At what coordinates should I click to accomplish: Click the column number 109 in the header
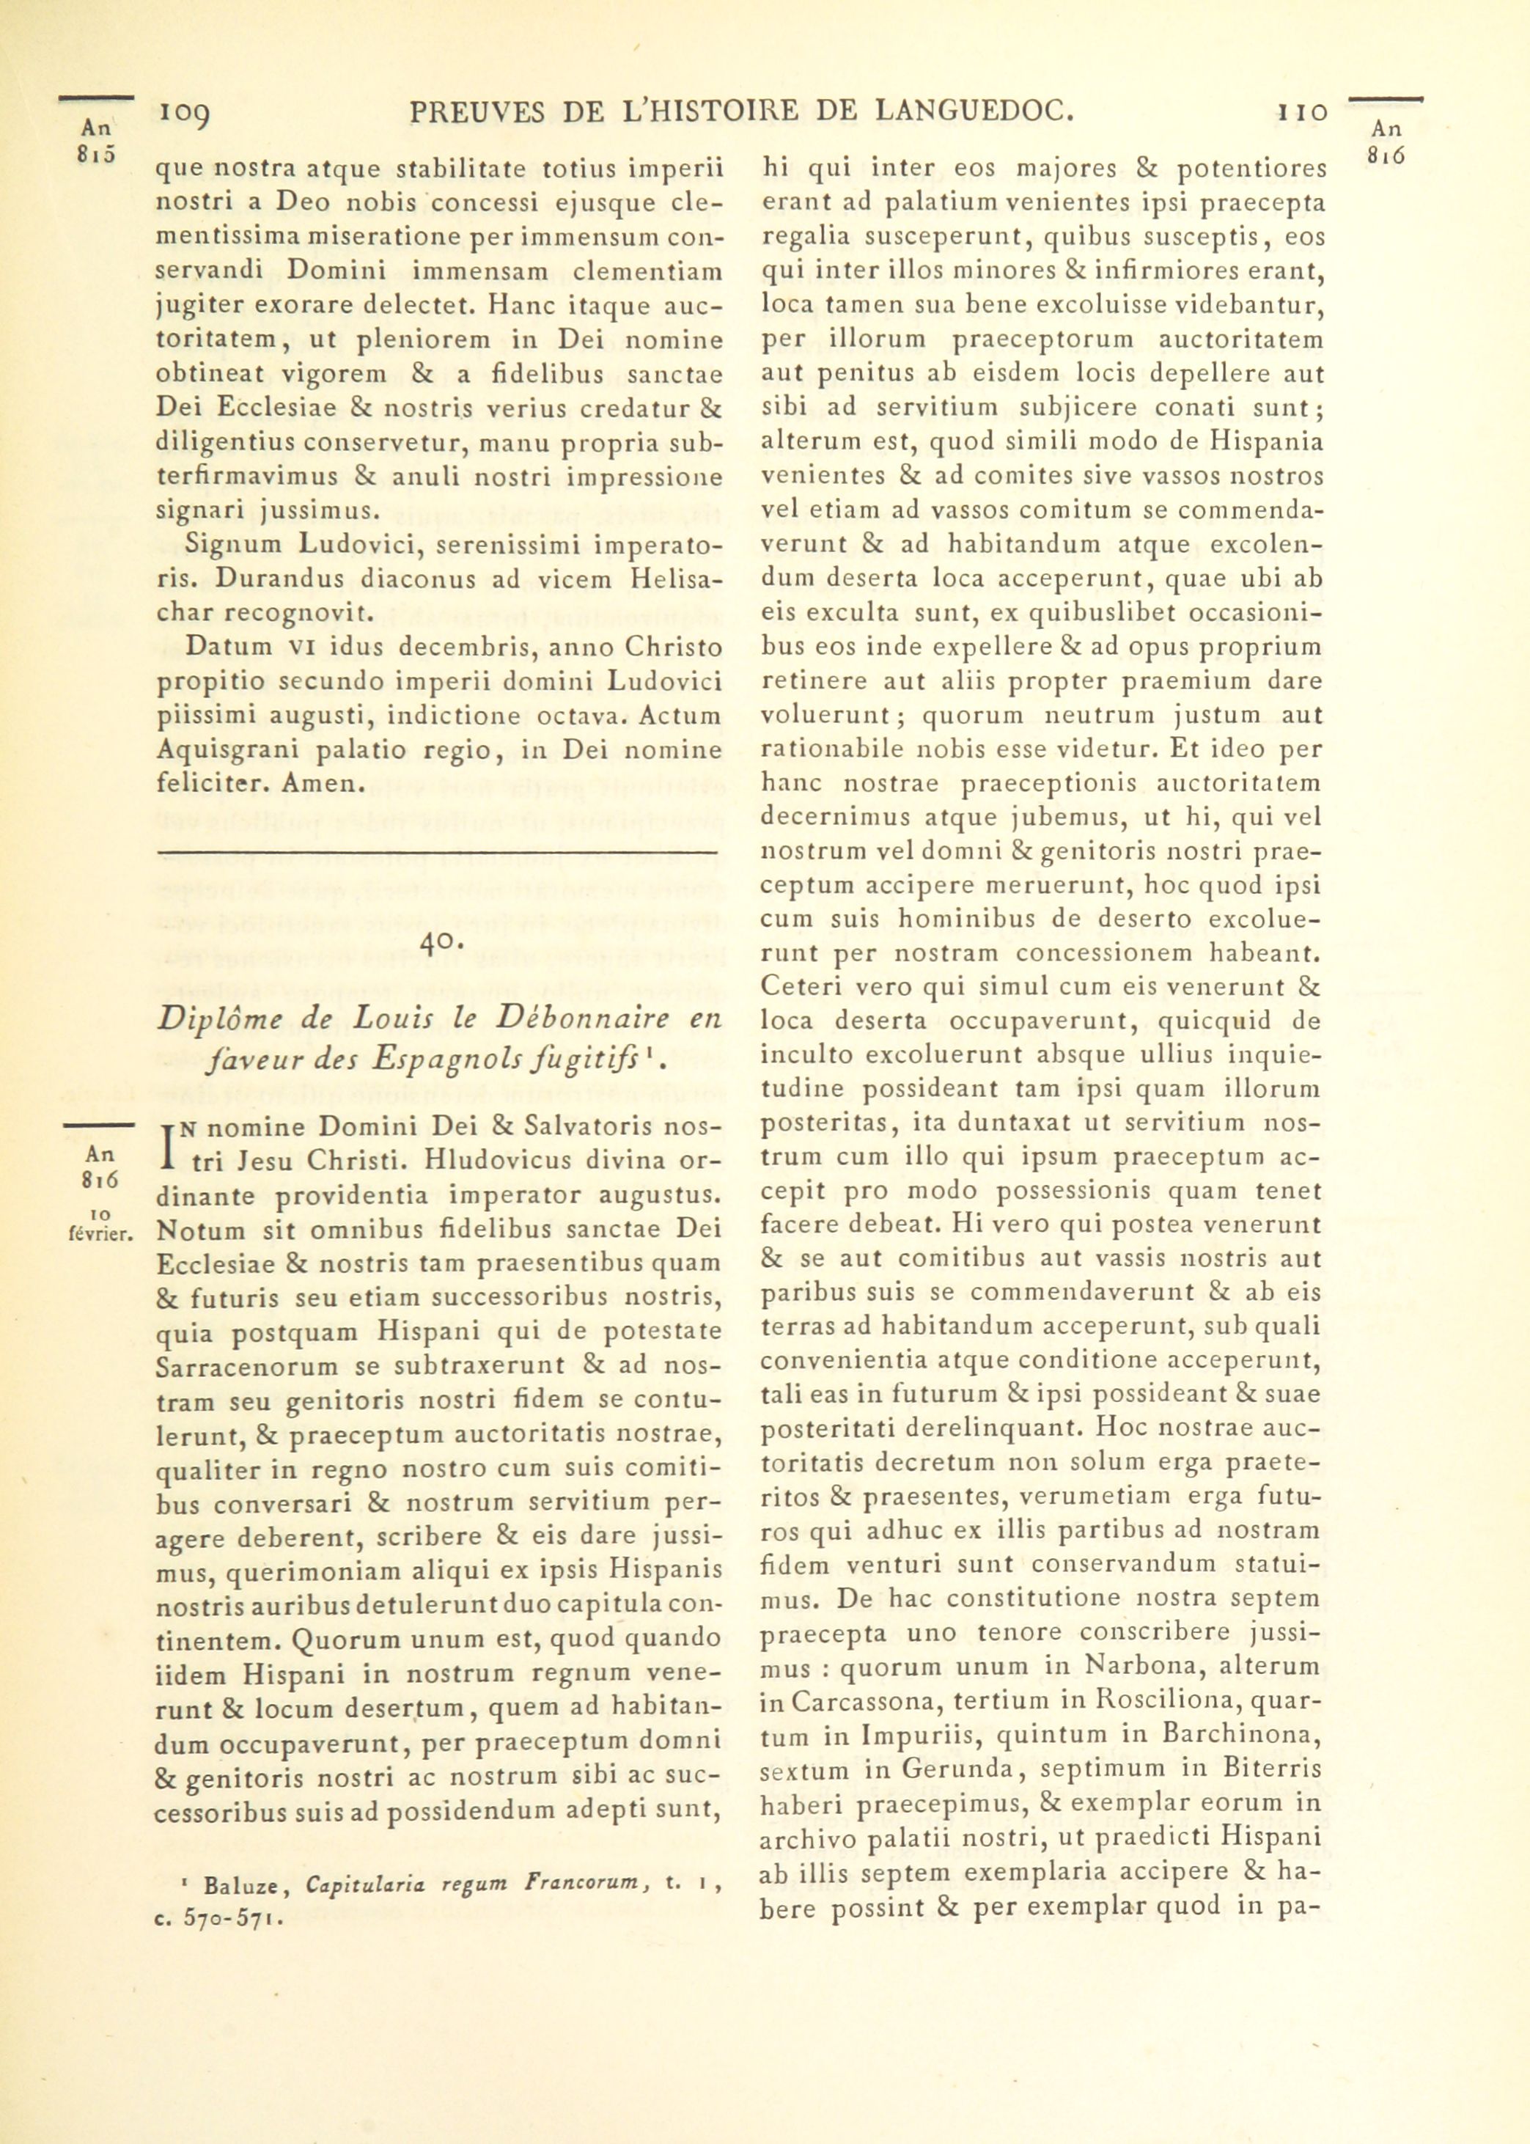tap(185, 116)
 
